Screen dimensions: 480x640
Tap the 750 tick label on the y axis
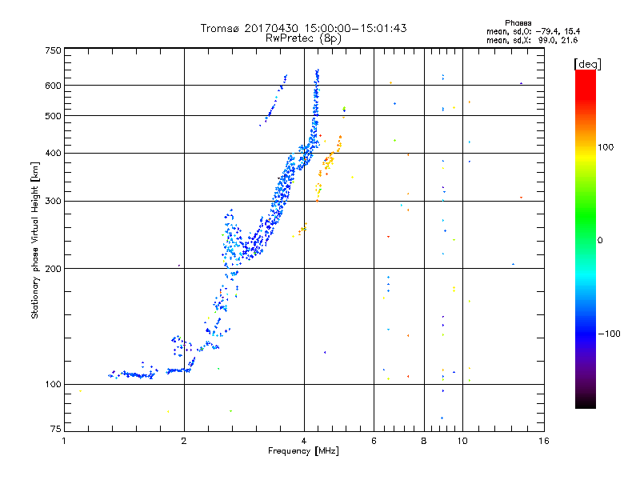53,50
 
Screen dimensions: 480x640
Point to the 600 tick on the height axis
53,86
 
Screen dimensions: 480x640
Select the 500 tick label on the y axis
53,116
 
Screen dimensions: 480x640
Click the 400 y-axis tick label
53,153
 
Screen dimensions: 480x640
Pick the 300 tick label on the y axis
53,201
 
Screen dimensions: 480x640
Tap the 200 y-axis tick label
53,269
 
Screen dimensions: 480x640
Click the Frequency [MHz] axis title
304,452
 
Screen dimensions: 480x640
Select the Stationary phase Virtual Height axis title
35,240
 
